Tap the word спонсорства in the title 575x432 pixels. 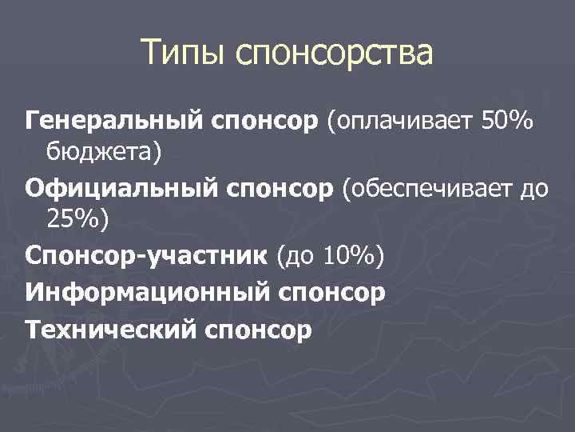pos(335,55)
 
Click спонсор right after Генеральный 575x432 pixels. pos(264,122)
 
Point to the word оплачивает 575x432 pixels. pos(404,122)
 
